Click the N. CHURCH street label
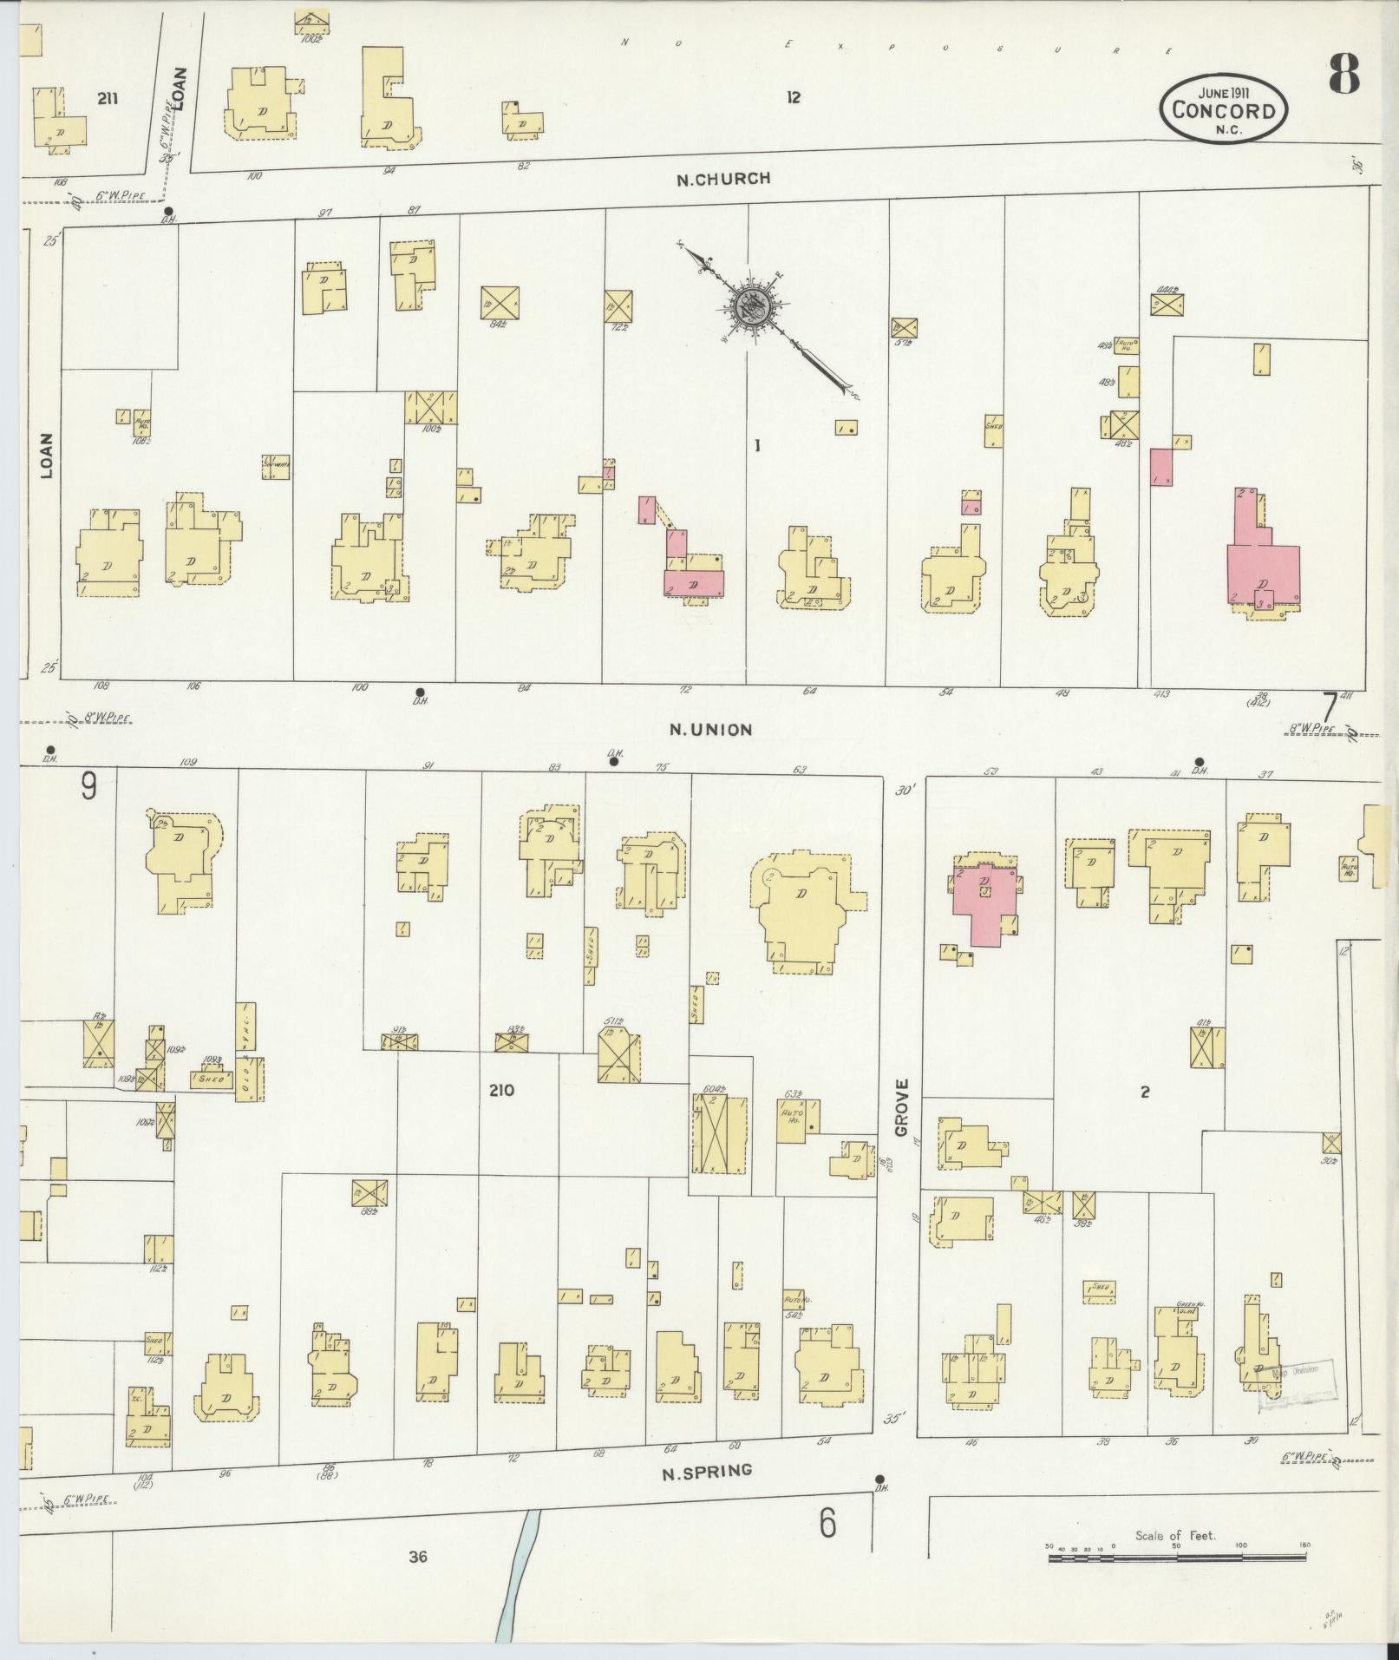[x=723, y=179]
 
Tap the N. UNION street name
[x=710, y=730]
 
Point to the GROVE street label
[x=901, y=1107]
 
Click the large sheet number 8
[x=1343, y=75]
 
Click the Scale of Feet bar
[x=1176, y=1558]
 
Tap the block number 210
[x=501, y=1090]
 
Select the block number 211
[x=108, y=99]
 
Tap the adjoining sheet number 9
[x=88, y=786]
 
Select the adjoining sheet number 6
[x=827, y=1523]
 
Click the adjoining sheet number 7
[x=1330, y=707]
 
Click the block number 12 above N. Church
[x=793, y=98]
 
